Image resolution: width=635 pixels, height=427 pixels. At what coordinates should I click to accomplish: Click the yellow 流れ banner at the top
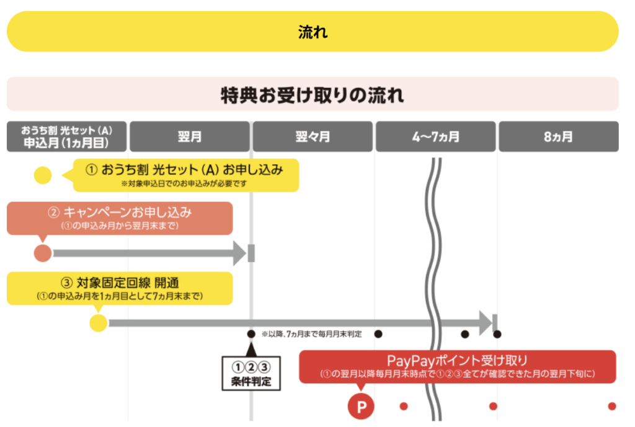coord(313,32)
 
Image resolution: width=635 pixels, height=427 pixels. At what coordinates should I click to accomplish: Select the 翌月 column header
coord(189,136)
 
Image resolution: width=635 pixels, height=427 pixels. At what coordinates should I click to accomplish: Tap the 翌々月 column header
coord(313,136)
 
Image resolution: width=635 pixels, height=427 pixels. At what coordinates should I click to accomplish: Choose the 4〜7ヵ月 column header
coord(435,136)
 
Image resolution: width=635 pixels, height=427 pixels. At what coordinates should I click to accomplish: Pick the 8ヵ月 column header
coord(558,136)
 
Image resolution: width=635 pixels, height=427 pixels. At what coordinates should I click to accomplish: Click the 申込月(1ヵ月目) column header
coord(67,136)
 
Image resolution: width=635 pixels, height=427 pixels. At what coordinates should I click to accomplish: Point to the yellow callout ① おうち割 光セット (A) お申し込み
coord(186,175)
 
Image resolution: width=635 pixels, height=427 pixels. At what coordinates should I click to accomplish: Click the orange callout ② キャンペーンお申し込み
coord(120,218)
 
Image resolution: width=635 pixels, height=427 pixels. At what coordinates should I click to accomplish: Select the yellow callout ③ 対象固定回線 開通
coord(120,288)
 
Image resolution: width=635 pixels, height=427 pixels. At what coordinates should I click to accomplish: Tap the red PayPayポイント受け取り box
coord(457,366)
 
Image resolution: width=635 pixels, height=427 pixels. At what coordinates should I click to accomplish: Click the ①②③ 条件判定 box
coord(251,372)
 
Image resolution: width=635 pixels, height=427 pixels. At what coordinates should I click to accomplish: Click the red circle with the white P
coord(362,407)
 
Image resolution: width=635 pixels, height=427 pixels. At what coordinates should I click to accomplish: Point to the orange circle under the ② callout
coord(43,253)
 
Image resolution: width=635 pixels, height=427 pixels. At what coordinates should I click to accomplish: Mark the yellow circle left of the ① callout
coord(43,175)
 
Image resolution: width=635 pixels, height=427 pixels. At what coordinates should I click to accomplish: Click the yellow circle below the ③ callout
coord(99,323)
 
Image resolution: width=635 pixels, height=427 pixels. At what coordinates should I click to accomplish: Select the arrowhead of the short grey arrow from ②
coord(239,253)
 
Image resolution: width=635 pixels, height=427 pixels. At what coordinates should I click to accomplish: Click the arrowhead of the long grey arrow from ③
coord(485,322)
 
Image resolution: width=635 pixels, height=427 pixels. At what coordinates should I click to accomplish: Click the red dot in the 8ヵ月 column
coord(612,407)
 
